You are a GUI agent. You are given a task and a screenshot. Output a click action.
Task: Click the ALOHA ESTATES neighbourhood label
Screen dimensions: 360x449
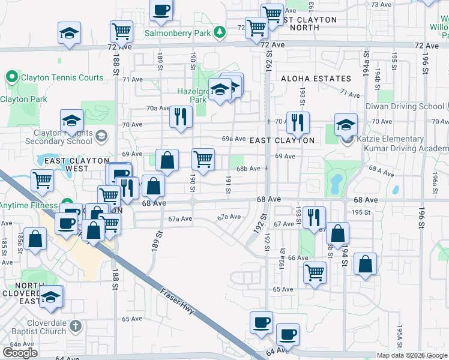316,79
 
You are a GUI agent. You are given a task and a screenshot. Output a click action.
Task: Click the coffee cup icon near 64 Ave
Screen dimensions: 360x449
287,334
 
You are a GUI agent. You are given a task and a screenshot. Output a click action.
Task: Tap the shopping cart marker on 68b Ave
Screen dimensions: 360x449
203,160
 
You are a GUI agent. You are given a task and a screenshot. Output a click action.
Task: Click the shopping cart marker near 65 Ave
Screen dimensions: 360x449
315,273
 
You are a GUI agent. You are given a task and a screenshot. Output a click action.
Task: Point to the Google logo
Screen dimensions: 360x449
20,353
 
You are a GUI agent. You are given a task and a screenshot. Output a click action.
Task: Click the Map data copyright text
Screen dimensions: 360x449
412,355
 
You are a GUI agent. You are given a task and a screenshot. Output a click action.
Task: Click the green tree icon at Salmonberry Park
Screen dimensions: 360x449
220,32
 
